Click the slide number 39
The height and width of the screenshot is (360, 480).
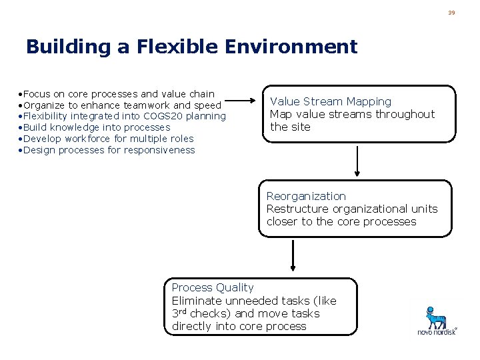451,13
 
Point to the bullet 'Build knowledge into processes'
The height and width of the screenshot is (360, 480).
97,127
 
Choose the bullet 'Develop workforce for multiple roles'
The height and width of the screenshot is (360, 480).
108,139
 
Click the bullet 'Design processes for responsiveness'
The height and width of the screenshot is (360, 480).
109,150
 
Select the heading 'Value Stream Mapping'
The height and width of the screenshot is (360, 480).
331,101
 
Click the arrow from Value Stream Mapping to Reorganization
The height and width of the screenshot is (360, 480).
359,160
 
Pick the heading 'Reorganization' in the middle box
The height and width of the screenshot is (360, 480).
306,196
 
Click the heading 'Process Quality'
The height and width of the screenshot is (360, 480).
213,287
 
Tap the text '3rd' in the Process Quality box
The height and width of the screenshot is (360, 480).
179,313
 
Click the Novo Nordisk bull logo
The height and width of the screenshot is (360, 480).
437,315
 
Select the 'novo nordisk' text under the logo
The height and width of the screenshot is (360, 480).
437,331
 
